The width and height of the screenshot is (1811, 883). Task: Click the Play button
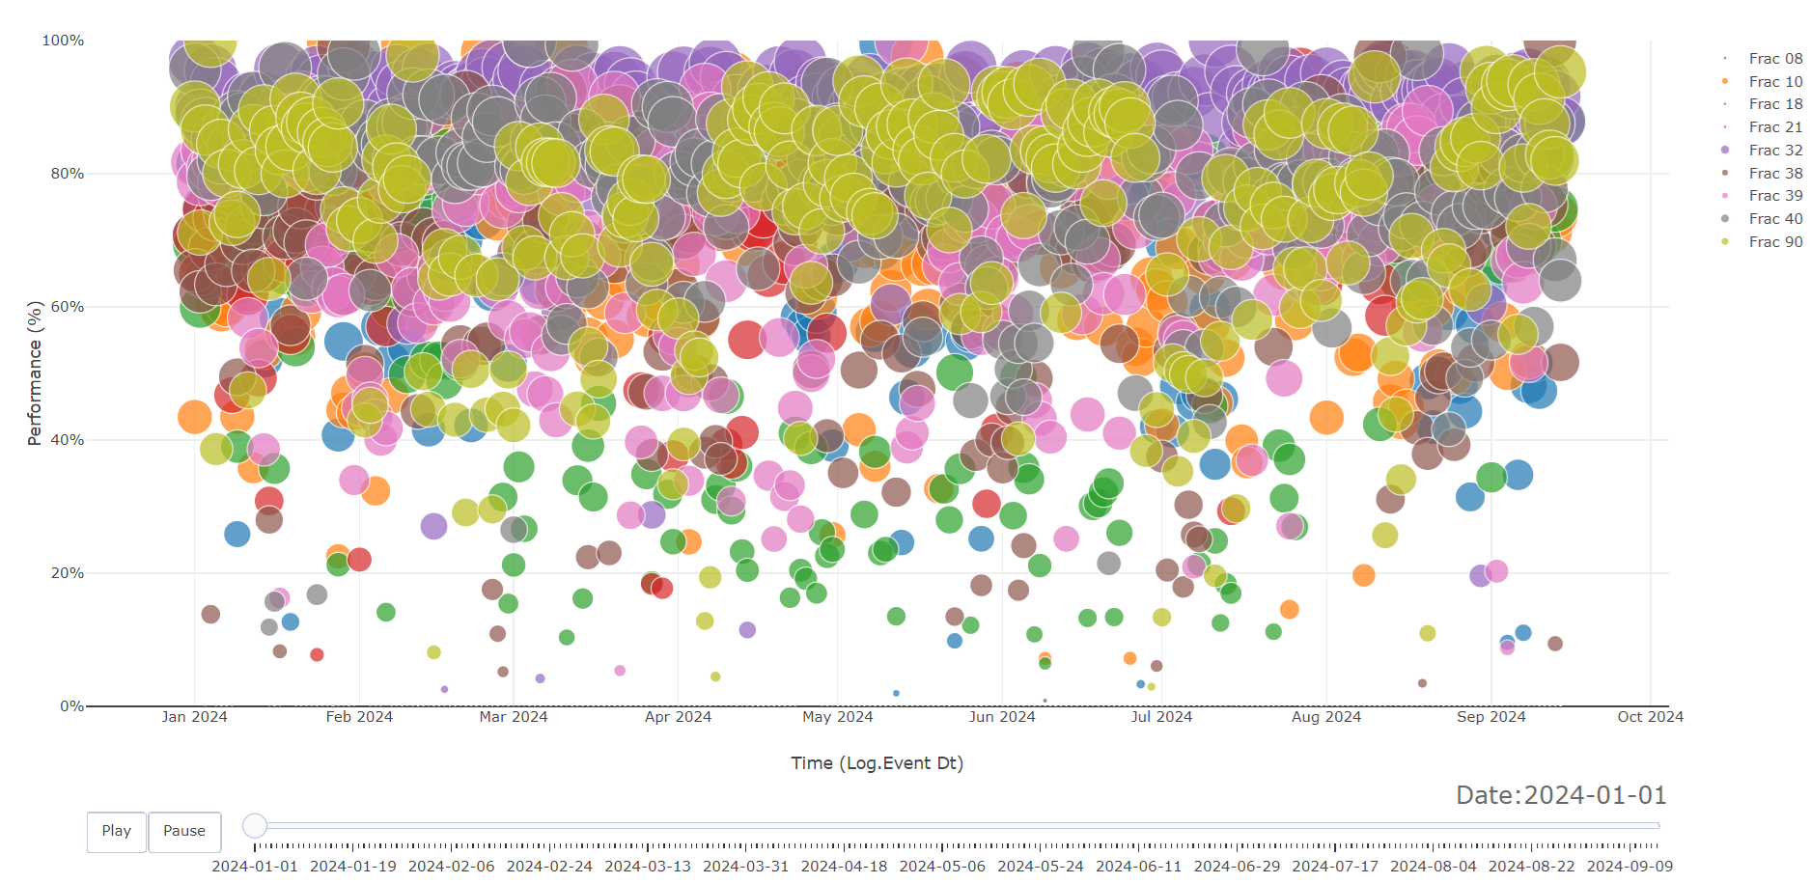(116, 831)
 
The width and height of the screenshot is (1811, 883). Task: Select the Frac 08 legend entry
(1774, 59)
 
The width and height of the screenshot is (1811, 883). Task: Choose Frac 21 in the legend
(1774, 127)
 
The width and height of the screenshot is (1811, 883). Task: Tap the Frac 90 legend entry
(1774, 242)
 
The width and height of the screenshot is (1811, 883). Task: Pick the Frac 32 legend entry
(1774, 151)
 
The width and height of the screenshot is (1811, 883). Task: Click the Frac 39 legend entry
(1774, 196)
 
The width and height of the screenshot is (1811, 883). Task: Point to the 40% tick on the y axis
(68, 440)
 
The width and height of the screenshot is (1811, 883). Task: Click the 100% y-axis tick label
(64, 41)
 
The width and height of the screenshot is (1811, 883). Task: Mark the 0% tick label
(71, 706)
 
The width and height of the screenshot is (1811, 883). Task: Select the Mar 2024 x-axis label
(514, 717)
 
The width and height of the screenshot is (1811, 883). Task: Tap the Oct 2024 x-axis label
(1650, 717)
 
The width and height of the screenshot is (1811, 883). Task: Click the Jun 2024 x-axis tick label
(1002, 717)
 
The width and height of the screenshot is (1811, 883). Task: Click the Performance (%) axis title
(35, 373)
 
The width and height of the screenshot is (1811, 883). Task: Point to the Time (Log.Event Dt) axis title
(877, 763)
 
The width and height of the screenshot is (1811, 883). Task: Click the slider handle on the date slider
(255, 826)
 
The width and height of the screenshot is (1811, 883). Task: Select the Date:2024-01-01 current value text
(1561, 795)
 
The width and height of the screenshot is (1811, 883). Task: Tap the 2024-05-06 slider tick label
(942, 867)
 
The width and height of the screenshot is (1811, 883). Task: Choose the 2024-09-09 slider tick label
(1630, 867)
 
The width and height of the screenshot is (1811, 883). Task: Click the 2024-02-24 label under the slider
(549, 867)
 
